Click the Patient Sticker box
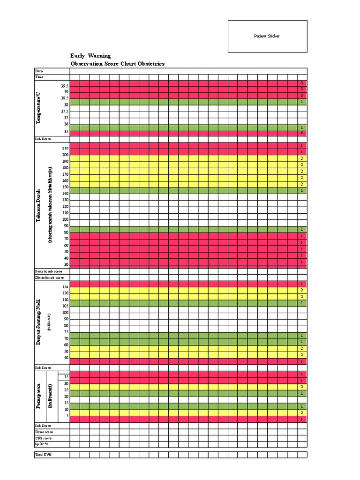coord(267,36)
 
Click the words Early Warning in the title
coord(90,56)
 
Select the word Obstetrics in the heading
coord(151,64)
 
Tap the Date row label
coord(39,71)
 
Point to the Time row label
coord(39,77)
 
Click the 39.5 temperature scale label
coord(64,86)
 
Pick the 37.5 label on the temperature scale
coord(64,112)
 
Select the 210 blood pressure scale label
coord(65,148)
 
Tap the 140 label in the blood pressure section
coord(65,193)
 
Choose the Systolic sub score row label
coord(49,271)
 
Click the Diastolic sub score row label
coord(49,277)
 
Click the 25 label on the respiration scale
coord(66,390)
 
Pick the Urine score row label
coord(45,432)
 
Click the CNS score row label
coord(44,438)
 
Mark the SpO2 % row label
coord(42,444)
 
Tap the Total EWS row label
coord(44,455)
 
